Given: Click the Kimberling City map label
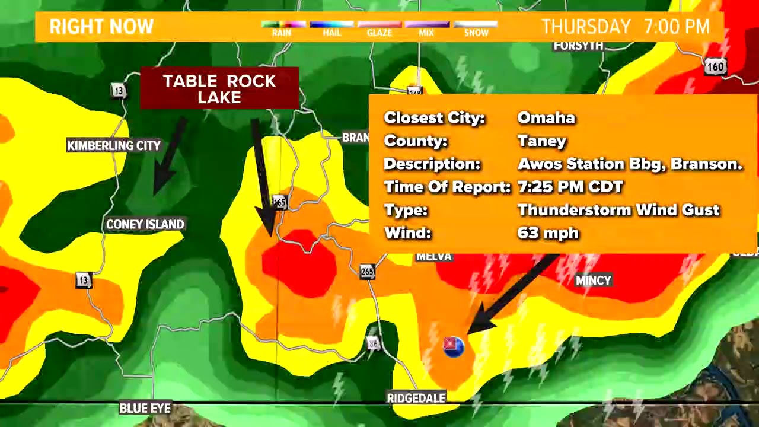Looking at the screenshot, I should [x=114, y=146].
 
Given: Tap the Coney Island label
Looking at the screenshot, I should [x=145, y=224].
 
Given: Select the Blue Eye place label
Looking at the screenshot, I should [x=145, y=408].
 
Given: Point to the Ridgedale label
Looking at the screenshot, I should [x=416, y=398].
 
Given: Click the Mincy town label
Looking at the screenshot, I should [x=593, y=281].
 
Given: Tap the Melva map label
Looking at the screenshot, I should [x=434, y=256].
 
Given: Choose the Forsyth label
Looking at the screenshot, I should [x=578, y=46].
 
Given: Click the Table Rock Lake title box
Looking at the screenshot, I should [x=219, y=89].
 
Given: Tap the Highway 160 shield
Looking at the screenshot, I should [x=715, y=66].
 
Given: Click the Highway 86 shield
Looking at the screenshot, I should [x=373, y=343].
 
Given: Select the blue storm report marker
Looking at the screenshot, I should [x=454, y=346].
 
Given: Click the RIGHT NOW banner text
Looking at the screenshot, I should [x=101, y=27].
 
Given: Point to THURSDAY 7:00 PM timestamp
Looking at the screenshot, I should [x=625, y=27].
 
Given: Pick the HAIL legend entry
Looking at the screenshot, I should [x=331, y=29].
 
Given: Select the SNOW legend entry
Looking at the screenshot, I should [x=476, y=29].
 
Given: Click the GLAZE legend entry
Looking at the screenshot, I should [x=379, y=29].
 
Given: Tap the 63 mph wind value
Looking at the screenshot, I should [x=548, y=232].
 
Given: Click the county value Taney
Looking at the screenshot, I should [x=542, y=141].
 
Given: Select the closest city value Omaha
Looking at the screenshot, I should [x=546, y=117].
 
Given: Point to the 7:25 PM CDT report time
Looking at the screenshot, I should [x=570, y=187].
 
